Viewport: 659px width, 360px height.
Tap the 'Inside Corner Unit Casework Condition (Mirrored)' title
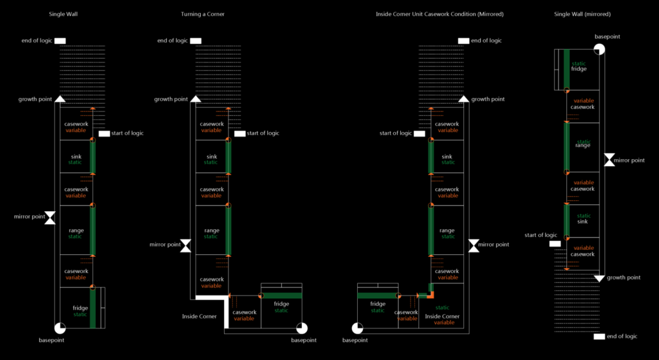440,14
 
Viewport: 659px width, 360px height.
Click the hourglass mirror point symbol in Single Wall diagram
50,217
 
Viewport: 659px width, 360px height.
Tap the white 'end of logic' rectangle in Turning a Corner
196,41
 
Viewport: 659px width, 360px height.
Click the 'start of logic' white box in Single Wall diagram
104,133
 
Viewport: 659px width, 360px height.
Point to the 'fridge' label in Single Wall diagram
80,308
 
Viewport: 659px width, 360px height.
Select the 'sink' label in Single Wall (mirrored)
582,222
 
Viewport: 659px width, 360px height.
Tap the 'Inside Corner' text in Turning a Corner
199,316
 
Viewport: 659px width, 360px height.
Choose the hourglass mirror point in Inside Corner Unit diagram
474,245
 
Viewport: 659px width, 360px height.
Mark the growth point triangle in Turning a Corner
196,99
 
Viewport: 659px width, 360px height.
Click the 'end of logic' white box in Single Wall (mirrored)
599,337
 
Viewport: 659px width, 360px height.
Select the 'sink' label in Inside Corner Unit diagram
447,156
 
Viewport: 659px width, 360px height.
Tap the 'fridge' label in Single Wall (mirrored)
579,68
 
